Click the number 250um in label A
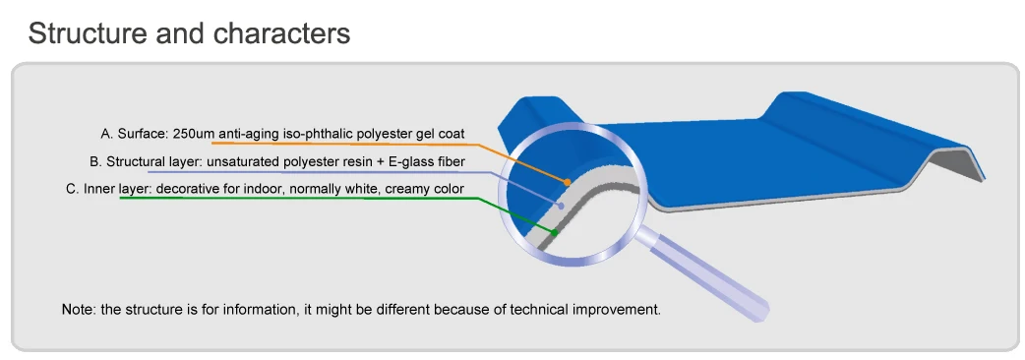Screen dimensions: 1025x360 194,134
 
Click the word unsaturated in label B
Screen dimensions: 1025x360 239,161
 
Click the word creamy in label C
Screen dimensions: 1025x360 409,190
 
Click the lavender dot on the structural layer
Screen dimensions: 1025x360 561,206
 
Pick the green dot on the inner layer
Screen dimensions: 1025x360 555,232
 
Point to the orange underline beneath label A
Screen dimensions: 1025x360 346,144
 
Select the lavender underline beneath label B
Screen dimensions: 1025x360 320,172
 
